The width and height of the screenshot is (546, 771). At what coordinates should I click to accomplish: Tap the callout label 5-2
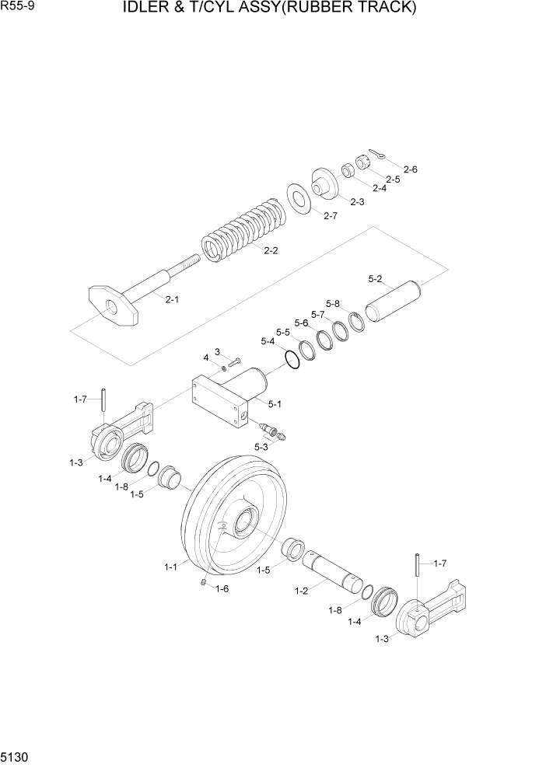[375, 278]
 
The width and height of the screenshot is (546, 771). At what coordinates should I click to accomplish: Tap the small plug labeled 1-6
[204, 584]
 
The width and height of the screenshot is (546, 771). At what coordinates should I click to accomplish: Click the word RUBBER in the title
[310, 9]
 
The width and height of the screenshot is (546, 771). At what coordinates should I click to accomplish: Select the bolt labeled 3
[234, 361]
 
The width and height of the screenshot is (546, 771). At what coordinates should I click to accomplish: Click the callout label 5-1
[275, 404]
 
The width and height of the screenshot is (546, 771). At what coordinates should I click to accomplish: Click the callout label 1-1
[171, 567]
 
